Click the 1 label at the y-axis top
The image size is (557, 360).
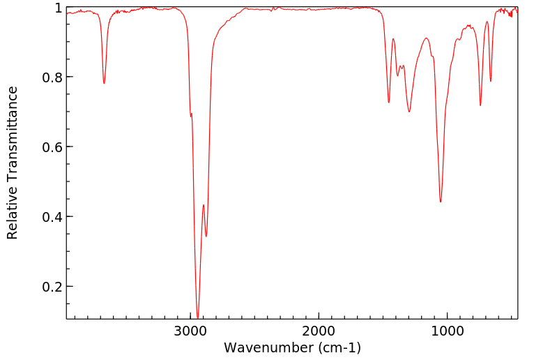coord(59,8)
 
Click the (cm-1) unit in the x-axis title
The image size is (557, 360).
coord(339,347)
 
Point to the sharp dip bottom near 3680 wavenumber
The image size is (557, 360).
coord(104,83)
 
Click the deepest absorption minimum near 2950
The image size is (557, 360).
coord(197,317)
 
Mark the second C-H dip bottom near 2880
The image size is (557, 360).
coord(206,236)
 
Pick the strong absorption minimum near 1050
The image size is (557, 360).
coord(441,202)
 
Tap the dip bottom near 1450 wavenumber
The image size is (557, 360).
coord(389,103)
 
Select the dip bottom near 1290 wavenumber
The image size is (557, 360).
coord(409,112)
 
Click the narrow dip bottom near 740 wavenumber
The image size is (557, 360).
coord(480,105)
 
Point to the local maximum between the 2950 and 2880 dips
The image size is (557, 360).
coord(203,205)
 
